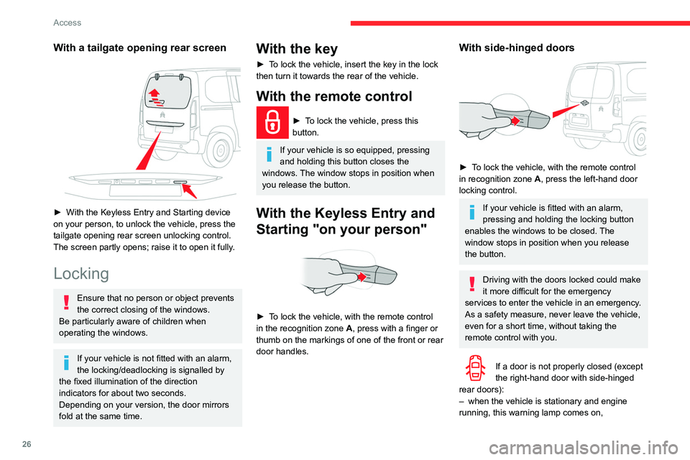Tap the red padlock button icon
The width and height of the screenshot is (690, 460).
click(273, 124)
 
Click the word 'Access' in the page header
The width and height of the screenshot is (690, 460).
click(67, 22)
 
